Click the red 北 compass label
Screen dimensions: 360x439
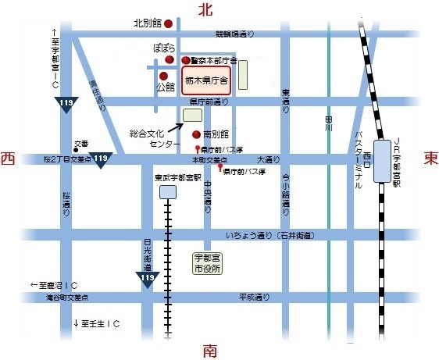point(205,10)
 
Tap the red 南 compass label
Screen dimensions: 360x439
point(209,350)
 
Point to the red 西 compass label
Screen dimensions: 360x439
point(9,159)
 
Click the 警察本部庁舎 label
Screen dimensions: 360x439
point(214,60)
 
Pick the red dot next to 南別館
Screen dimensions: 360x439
point(196,134)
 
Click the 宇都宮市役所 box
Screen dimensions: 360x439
point(207,262)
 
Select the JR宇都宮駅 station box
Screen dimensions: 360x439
point(384,162)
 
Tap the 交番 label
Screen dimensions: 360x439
point(81,144)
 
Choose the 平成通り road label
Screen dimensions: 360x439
point(254,297)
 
